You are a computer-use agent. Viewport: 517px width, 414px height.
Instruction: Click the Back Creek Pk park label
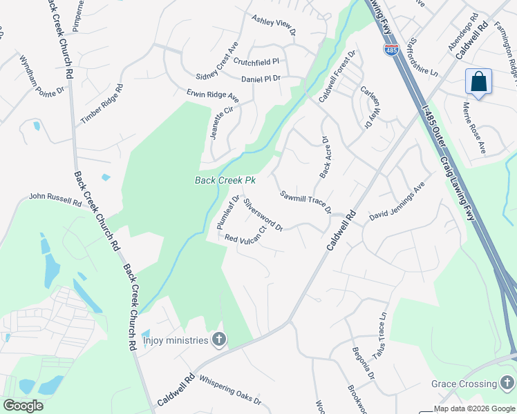click(225, 181)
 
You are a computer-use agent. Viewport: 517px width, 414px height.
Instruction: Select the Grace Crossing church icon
click(508, 383)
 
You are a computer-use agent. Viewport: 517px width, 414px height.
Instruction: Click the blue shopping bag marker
click(478, 83)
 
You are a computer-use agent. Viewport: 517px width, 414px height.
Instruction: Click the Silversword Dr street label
click(263, 215)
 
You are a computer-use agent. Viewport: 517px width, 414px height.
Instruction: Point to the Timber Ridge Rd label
click(101, 104)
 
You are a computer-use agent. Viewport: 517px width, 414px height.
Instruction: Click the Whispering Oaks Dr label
click(230, 390)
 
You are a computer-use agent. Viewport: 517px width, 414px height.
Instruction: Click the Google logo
click(23, 406)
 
